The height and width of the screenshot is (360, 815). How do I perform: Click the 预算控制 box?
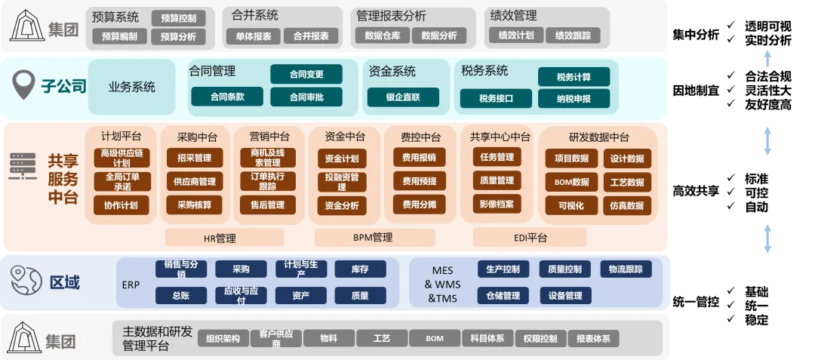pyautogui.click(x=178, y=18)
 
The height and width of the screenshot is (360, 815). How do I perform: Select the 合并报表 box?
pyautogui.click(x=310, y=35)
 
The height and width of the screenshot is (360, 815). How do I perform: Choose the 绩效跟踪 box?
pyautogui.click(x=573, y=35)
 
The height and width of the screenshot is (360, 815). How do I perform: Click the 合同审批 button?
pyautogui.click(x=306, y=97)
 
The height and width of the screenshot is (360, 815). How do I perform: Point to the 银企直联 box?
pyautogui.click(x=403, y=97)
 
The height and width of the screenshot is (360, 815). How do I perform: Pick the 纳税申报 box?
pyautogui.click(x=574, y=98)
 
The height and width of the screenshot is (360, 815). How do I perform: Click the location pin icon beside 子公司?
pyautogui.click(x=27, y=85)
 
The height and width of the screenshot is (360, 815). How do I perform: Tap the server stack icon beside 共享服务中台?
pyautogui.click(x=23, y=167)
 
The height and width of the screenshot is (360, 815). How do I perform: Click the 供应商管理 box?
pyautogui.click(x=195, y=182)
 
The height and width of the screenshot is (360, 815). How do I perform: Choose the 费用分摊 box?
pyautogui.click(x=419, y=205)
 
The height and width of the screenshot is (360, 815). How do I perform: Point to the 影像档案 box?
pyautogui.click(x=497, y=204)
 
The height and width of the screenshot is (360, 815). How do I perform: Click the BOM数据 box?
pyautogui.click(x=571, y=182)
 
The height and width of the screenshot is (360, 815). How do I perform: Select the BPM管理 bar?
pyautogui.click(x=374, y=238)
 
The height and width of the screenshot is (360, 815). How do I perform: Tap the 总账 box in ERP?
pyautogui.click(x=180, y=295)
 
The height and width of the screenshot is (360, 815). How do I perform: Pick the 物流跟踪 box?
pyautogui.click(x=626, y=269)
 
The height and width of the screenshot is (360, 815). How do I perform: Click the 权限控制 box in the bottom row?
pyautogui.click(x=540, y=339)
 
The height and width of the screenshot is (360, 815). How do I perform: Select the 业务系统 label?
pyautogui.click(x=132, y=87)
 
